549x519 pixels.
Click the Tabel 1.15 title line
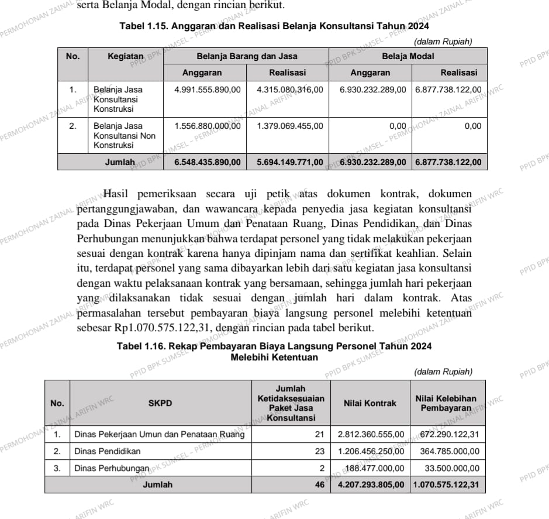tap(274, 27)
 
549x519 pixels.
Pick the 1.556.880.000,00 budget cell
tap(208, 126)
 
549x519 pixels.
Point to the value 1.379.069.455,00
tap(289, 126)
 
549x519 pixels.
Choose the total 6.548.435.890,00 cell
tap(208, 162)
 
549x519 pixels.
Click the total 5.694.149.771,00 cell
tap(289, 162)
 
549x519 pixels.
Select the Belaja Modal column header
tap(408, 56)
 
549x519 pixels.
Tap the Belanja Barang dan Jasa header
tap(247, 56)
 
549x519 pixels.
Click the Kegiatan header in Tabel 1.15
tap(125, 56)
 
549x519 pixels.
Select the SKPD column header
tap(160, 403)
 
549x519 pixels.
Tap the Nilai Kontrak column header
tap(370, 403)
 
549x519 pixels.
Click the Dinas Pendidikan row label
tap(107, 451)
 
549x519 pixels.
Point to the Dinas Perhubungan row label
tap(109, 468)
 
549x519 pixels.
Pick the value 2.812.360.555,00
tap(371, 435)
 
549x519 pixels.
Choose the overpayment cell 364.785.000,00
tap(449, 451)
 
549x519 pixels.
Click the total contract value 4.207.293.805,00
tap(371, 484)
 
